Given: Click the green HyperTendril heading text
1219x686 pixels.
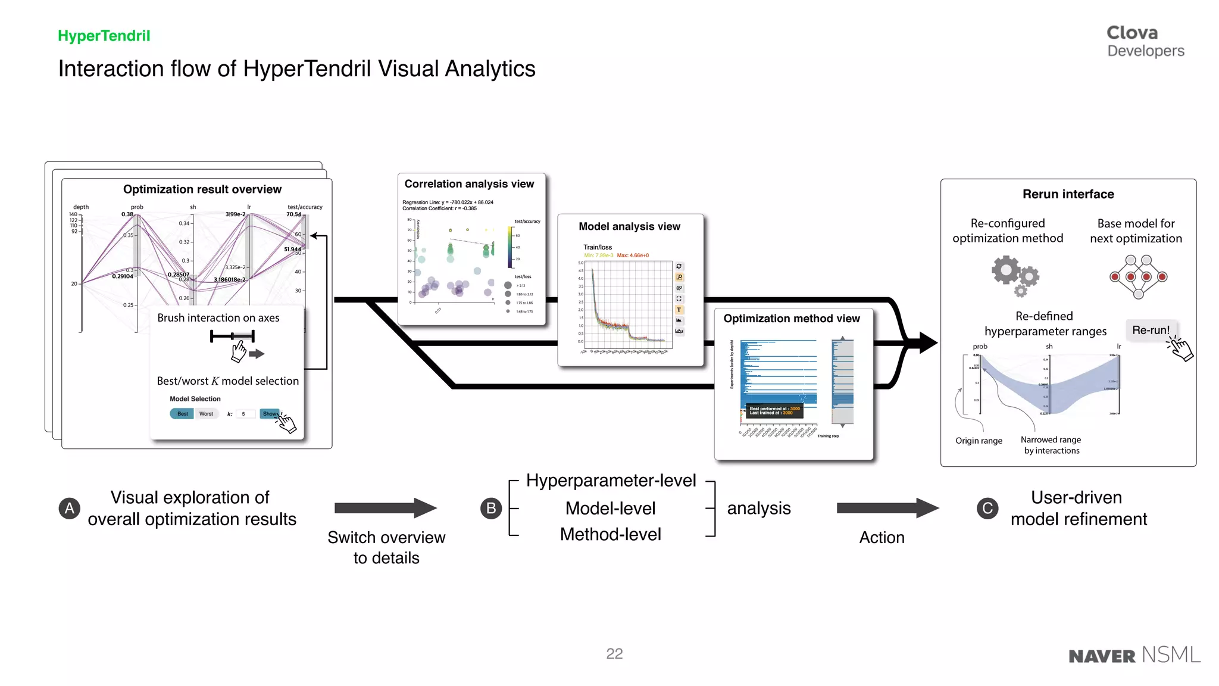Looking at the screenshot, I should pos(104,36).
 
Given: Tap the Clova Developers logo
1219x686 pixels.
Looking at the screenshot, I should pos(1145,41).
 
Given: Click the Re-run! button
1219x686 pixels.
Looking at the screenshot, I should pos(1150,330).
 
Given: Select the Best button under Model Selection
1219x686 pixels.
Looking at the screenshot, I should pos(182,414).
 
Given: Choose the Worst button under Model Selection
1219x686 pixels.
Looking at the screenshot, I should pos(206,414).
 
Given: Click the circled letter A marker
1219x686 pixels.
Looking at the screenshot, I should pos(70,508).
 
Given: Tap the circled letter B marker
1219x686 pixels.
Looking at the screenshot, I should pos(490,508).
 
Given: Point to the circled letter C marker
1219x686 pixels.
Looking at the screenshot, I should pos(987,508).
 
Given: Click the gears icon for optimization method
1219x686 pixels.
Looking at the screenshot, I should pos(1014,276).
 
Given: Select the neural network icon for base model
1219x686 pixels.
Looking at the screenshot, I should pos(1138,276).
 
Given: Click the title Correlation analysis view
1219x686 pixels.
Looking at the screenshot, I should pos(469,184).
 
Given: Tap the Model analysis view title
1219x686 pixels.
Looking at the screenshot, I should pos(629,226).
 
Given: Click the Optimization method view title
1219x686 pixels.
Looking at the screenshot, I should pos(791,319).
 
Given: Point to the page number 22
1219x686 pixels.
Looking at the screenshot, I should pos(614,654).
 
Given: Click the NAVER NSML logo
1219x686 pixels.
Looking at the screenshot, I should pos(1134,655).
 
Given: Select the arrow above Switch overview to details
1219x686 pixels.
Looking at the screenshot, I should pos(385,508).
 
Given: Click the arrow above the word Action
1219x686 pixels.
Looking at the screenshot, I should pos(887,508).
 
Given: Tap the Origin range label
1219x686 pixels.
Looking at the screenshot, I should pos(979,441).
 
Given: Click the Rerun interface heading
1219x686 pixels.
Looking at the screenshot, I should pos(1068,194).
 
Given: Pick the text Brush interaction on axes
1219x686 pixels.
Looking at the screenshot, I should pos(218,318).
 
